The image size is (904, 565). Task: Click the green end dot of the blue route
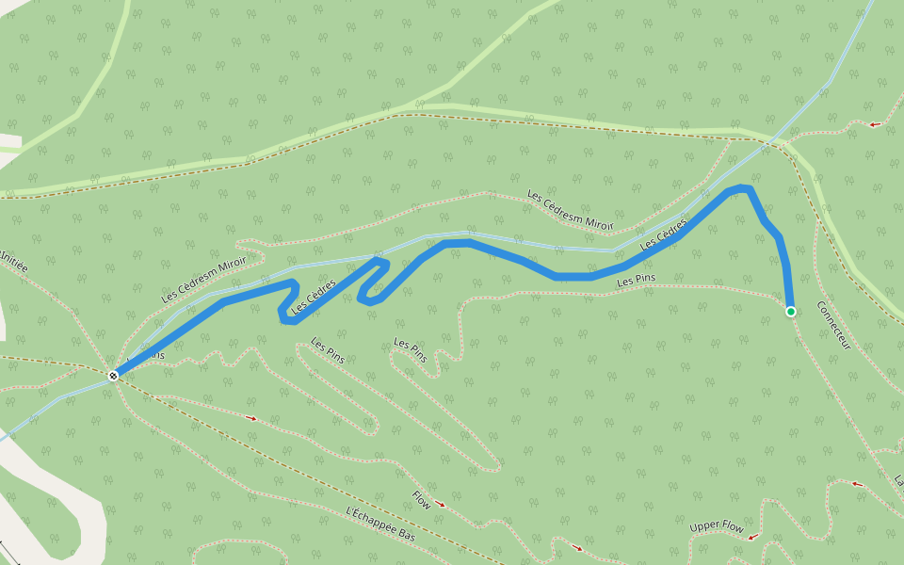click(x=791, y=312)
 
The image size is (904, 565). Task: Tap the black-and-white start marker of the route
click(x=113, y=376)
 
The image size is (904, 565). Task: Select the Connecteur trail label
click(x=834, y=326)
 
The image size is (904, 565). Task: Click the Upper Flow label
click(x=717, y=526)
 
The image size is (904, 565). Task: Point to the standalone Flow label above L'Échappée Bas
click(x=421, y=500)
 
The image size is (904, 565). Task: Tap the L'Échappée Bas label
click(x=380, y=524)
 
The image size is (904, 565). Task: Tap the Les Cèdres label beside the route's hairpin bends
click(x=314, y=296)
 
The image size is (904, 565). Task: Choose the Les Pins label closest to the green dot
click(x=636, y=281)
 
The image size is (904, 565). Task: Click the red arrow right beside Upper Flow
click(x=753, y=536)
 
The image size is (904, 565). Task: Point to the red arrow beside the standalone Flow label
click(x=441, y=505)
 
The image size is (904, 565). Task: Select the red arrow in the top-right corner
click(x=875, y=123)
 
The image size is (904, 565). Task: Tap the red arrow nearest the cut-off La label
click(x=857, y=484)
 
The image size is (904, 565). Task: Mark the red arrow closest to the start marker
click(x=251, y=416)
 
